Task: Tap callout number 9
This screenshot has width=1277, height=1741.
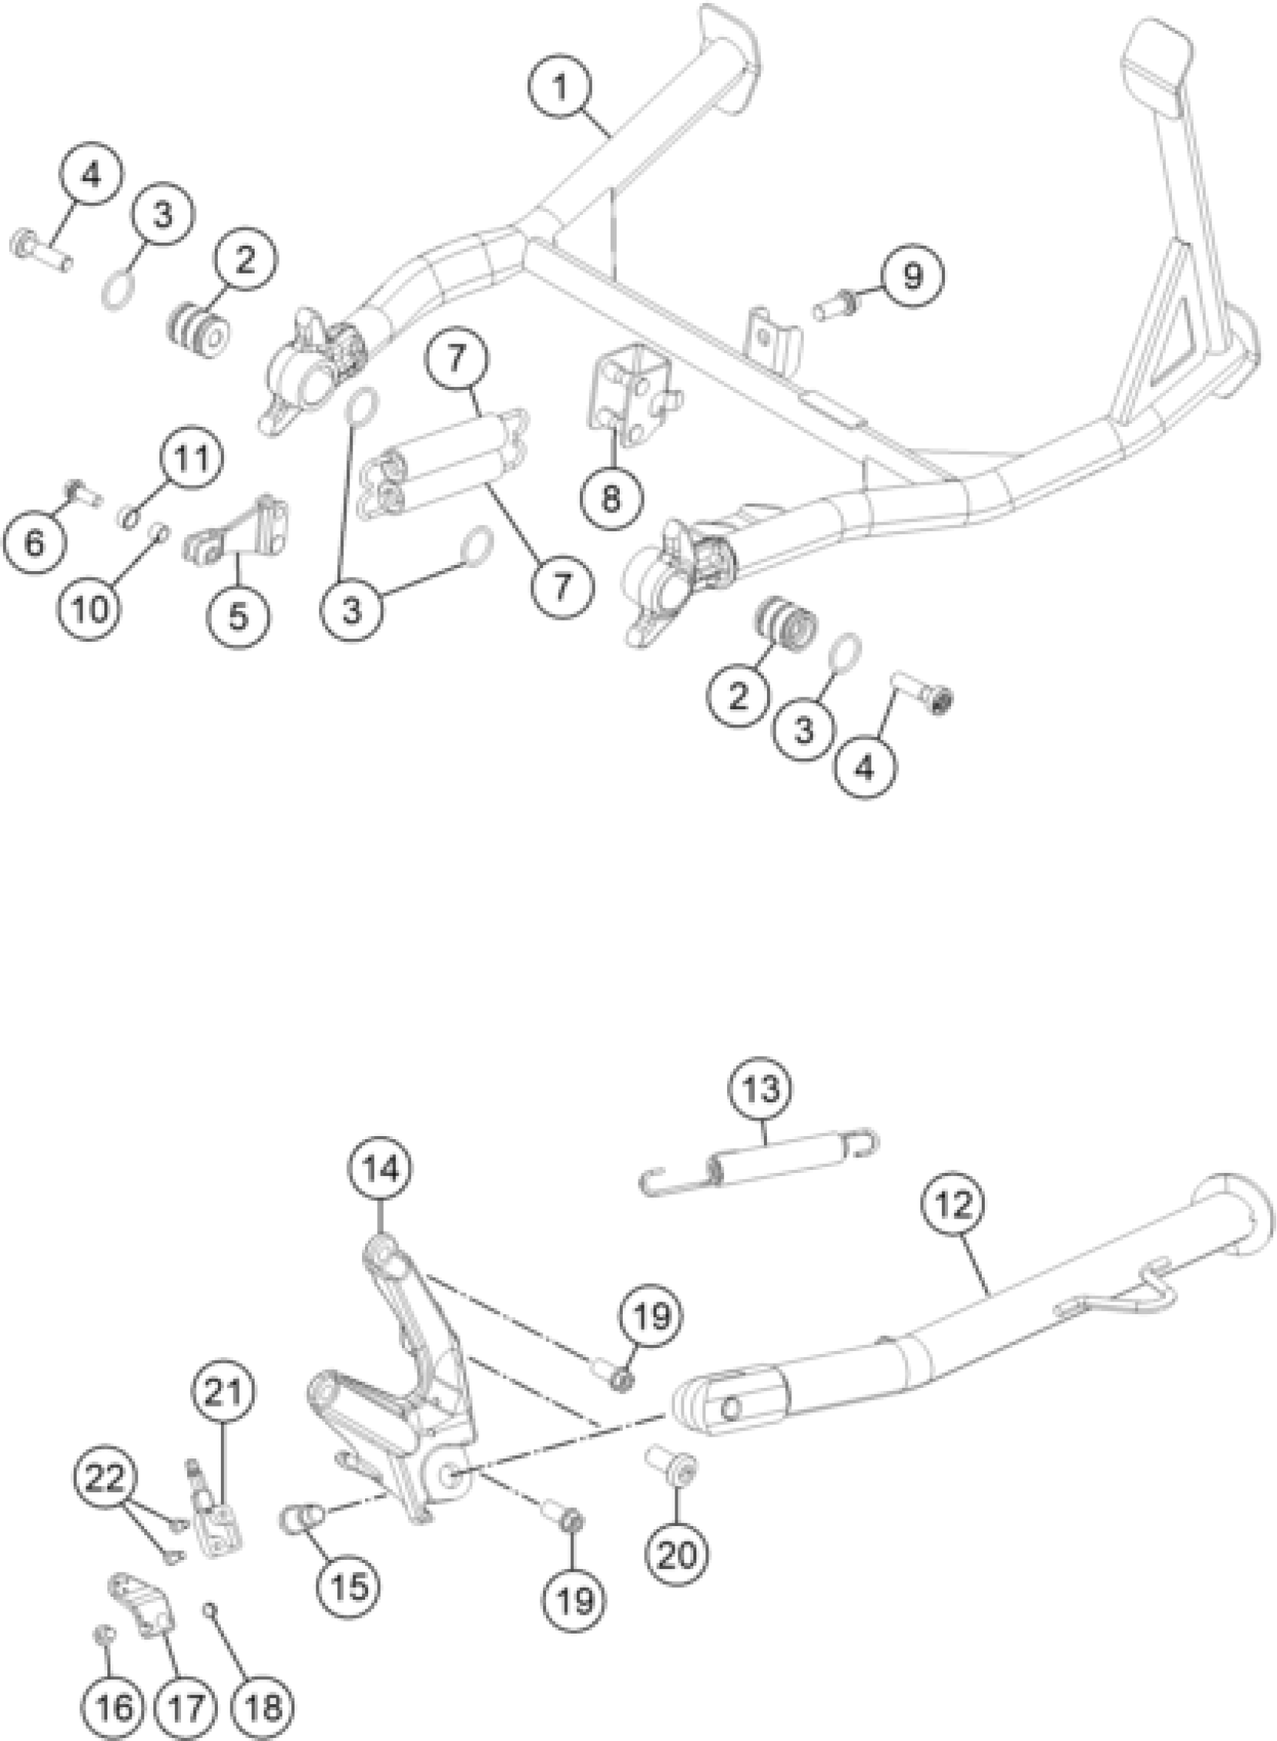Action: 913,276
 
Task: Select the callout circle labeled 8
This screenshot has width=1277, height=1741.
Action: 611,499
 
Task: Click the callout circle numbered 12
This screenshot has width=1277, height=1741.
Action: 955,1206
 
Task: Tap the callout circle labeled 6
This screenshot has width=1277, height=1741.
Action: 35,543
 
